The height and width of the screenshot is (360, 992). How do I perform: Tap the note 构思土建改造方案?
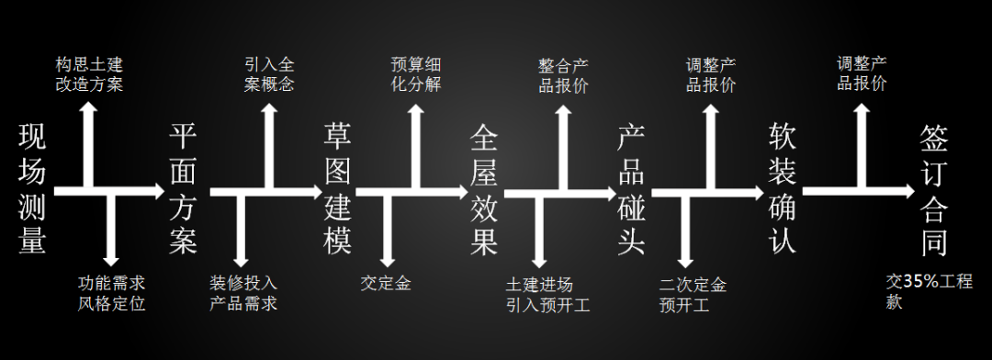88,74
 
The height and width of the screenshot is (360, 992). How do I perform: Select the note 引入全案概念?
269,74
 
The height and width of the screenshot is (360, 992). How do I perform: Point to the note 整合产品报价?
563,74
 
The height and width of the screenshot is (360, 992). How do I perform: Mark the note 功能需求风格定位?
111,292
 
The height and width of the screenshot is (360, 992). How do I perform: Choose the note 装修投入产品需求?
243,292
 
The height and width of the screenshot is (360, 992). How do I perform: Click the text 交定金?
386,283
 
